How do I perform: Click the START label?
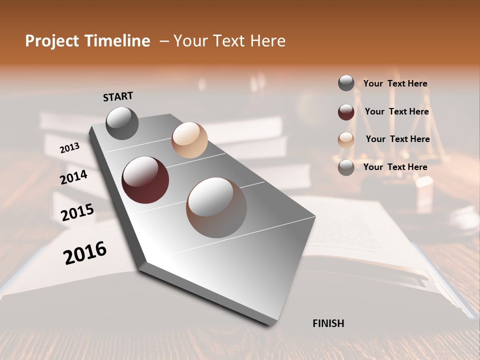118,96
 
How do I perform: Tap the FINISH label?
328,323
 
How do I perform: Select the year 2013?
69,148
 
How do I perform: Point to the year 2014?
73,177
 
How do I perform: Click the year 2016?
85,253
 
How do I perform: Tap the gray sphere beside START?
122,123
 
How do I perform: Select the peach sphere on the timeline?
189,140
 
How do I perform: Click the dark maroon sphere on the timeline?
145,180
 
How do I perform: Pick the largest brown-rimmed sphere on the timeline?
216,207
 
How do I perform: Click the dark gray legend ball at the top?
346,83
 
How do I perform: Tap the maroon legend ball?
346,111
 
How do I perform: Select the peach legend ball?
346,139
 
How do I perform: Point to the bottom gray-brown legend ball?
346,167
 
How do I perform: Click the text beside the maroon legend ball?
396,111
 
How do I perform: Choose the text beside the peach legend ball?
397,139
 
